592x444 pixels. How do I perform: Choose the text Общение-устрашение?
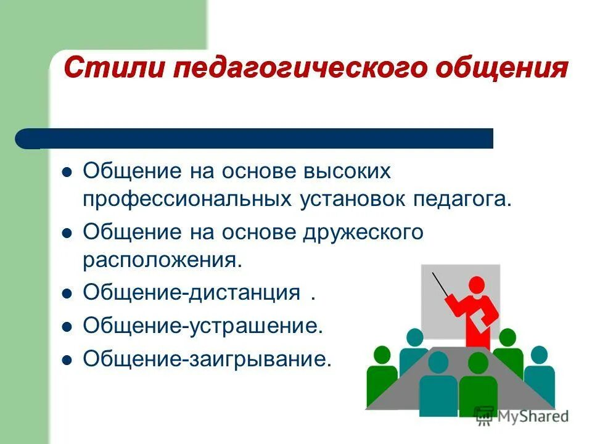203,325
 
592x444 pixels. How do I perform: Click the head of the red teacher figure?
477,285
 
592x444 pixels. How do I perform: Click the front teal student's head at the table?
438,363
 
